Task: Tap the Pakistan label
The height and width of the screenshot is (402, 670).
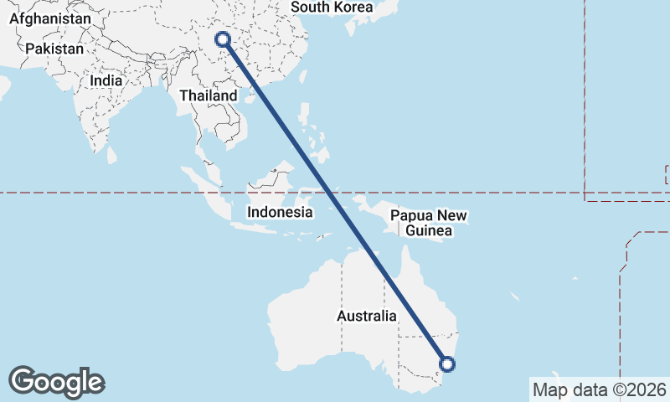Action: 54,49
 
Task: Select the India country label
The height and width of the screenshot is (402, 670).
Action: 106,81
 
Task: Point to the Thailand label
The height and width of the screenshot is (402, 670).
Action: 208,96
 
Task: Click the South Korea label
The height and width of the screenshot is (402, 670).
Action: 332,7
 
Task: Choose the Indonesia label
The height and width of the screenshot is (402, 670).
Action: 280,213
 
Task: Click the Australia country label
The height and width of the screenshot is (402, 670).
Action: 367,317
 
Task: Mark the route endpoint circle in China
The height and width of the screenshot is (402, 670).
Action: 223,39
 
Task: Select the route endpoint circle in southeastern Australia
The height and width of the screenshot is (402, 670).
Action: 447,363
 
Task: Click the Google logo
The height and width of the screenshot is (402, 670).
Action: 56,382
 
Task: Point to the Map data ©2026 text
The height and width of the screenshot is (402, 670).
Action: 600,389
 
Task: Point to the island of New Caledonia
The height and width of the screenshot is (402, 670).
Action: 516,296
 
